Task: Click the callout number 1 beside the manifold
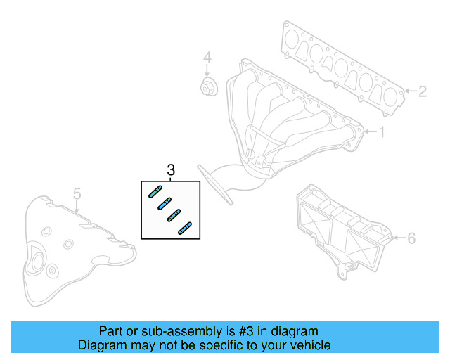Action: pyautogui.click(x=382, y=131)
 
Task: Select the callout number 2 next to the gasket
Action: pyautogui.click(x=422, y=91)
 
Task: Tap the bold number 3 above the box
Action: pyautogui.click(x=170, y=170)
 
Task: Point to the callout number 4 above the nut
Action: pyautogui.click(x=207, y=57)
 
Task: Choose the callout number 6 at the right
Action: pyautogui.click(x=411, y=238)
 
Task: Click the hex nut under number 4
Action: pyautogui.click(x=207, y=88)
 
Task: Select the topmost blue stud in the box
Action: pyautogui.click(x=156, y=192)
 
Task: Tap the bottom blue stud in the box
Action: pyautogui.click(x=185, y=228)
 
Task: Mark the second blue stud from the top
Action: pyautogui.click(x=165, y=204)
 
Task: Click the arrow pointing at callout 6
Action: pyautogui.click(x=397, y=238)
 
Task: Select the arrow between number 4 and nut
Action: pyautogui.click(x=207, y=70)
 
